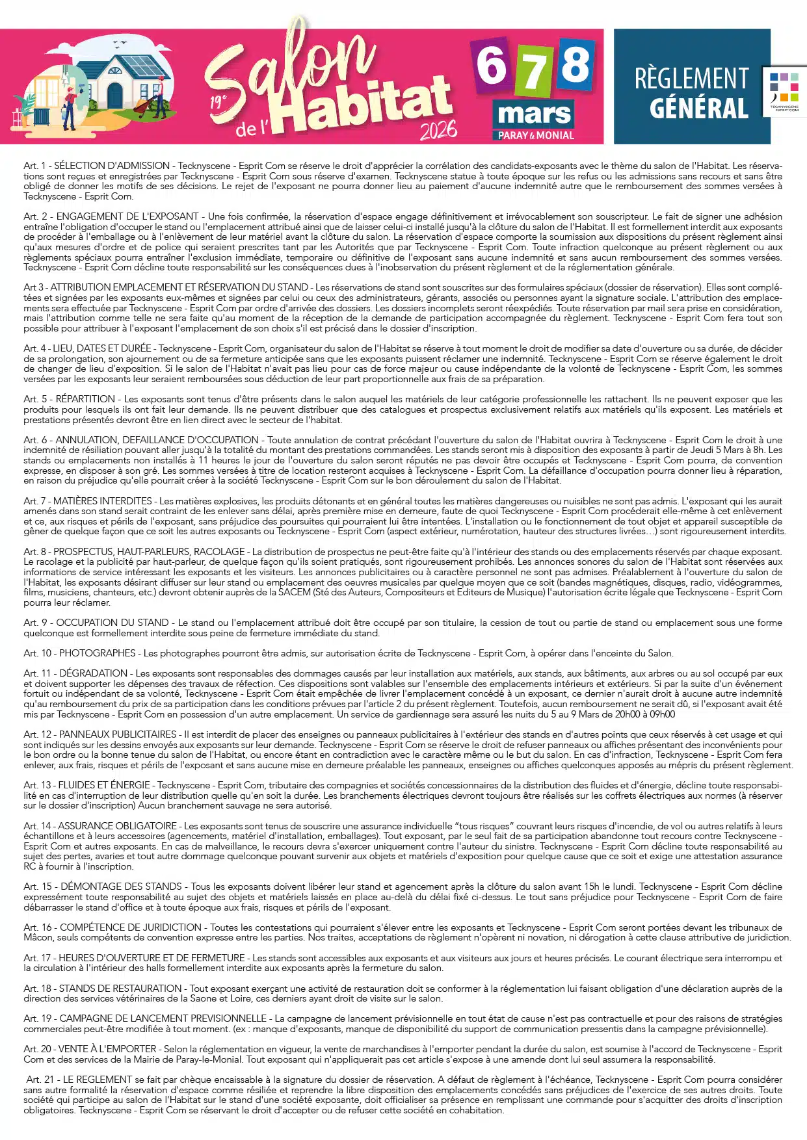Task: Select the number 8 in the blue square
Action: point(575,64)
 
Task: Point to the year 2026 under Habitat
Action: point(438,130)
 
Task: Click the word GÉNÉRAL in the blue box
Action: point(698,109)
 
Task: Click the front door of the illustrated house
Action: point(115,96)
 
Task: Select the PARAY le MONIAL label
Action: point(536,136)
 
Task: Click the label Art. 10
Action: point(38,653)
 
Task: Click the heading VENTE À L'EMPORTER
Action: point(107,1049)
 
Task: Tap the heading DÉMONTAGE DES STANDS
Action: point(121,887)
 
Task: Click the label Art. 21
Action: point(40,1080)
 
